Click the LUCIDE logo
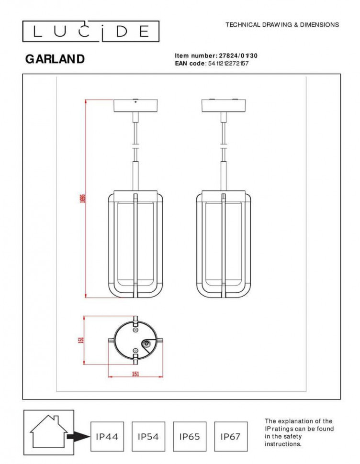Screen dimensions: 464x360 [91, 32]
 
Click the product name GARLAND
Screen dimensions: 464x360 [55, 59]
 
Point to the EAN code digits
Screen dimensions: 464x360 [228, 63]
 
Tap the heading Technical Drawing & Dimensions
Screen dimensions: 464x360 [282, 25]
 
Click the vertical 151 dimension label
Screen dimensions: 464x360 [81, 340]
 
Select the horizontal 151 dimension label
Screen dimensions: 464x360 [135, 374]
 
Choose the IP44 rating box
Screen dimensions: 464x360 [107, 436]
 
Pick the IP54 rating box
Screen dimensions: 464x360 [148, 436]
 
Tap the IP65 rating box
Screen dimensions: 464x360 [190, 436]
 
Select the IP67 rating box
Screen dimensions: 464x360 [231, 436]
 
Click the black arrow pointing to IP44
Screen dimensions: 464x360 [78, 436]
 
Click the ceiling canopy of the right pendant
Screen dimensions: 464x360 [223, 105]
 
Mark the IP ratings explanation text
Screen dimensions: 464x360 [299, 432]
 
